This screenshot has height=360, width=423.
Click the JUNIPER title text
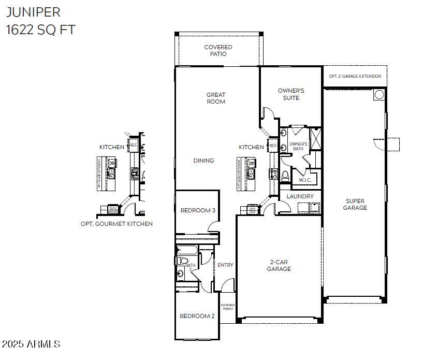(x=34, y=12)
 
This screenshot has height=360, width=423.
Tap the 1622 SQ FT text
(x=40, y=30)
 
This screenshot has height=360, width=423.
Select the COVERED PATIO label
(x=218, y=50)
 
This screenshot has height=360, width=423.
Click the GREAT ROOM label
(x=216, y=98)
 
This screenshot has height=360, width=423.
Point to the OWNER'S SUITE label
(x=291, y=94)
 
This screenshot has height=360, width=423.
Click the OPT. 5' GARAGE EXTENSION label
(x=355, y=76)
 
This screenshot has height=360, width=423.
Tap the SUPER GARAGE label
(x=355, y=204)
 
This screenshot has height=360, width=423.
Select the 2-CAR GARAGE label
(x=279, y=265)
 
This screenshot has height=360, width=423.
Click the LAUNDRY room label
(x=300, y=196)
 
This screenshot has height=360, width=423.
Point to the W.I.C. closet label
(x=304, y=180)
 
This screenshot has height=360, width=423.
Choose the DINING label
(x=203, y=161)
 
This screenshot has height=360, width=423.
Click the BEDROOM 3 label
(x=197, y=210)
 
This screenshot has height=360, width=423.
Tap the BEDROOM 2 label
(x=197, y=316)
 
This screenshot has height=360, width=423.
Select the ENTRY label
(x=225, y=265)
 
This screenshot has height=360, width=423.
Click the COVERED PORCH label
(x=228, y=307)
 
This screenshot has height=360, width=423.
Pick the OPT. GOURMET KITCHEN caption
(x=116, y=224)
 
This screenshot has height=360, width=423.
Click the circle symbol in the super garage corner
(x=379, y=94)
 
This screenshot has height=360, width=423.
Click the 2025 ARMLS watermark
(x=31, y=344)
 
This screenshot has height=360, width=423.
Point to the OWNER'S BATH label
(x=298, y=146)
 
